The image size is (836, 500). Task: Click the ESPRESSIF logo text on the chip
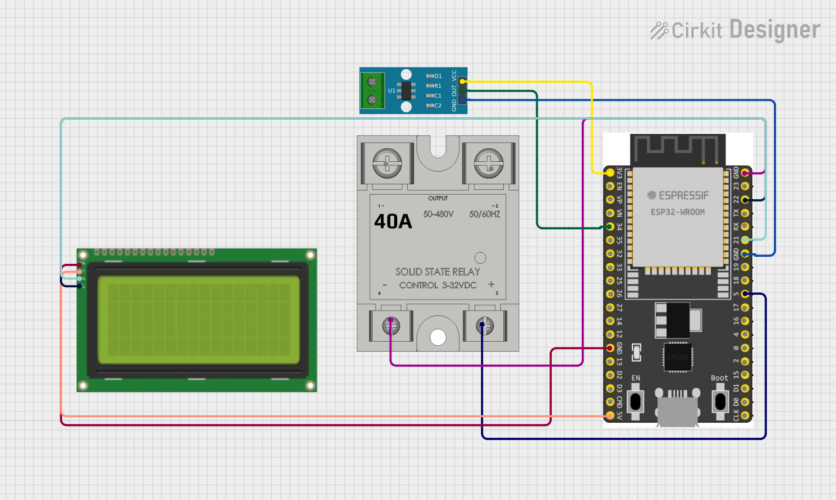click(x=678, y=195)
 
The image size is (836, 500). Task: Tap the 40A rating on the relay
click(x=393, y=222)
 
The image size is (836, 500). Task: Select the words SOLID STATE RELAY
click(x=438, y=271)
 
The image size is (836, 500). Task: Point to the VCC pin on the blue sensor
click(x=463, y=81)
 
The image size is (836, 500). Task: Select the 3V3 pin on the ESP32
click(x=610, y=173)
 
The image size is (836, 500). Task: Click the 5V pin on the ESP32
click(x=610, y=416)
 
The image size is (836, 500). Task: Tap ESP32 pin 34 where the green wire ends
click(x=610, y=227)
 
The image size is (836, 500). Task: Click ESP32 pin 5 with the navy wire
click(x=745, y=294)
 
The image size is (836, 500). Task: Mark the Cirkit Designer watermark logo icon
click(x=659, y=30)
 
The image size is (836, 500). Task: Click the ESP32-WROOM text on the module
click(x=678, y=212)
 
